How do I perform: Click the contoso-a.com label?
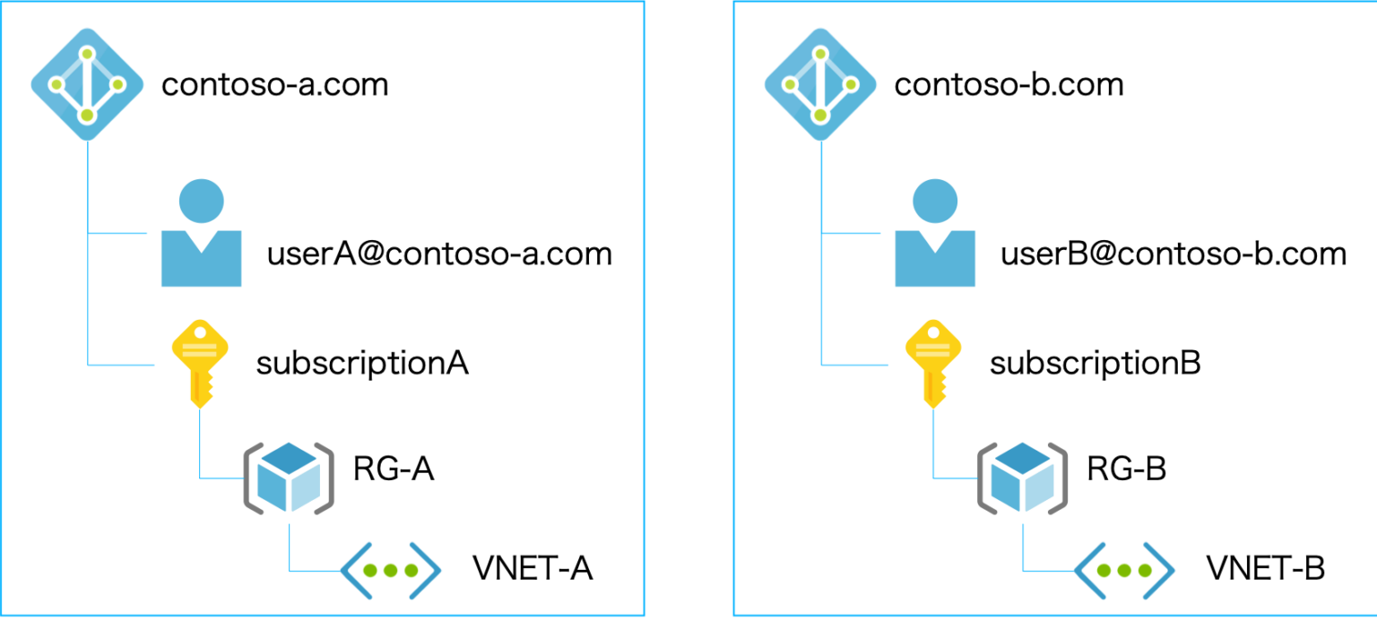[274, 85]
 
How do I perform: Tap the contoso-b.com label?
[1009, 85]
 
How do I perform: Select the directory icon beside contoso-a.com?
[86, 85]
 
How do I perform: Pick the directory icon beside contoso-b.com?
[819, 85]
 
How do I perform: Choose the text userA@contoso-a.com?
[439, 254]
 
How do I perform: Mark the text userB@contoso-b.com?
[1173, 254]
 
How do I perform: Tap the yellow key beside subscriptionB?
[934, 363]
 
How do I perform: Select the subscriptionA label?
[362, 365]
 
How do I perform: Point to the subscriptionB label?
[1095, 365]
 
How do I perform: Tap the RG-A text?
[393, 469]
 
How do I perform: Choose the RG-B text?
[1126, 469]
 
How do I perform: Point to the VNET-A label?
[533, 569]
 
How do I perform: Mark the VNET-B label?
[1265, 569]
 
